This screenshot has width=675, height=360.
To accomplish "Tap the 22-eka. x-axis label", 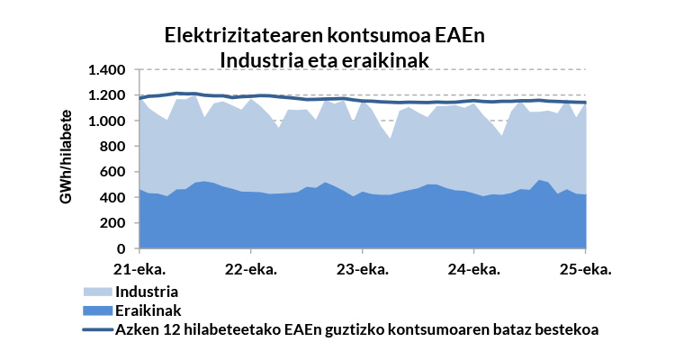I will [x=250, y=269].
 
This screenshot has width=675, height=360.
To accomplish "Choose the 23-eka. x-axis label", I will [x=362, y=269].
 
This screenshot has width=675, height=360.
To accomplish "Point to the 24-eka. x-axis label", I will [x=473, y=269].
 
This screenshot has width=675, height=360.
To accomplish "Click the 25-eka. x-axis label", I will [x=586, y=269].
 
